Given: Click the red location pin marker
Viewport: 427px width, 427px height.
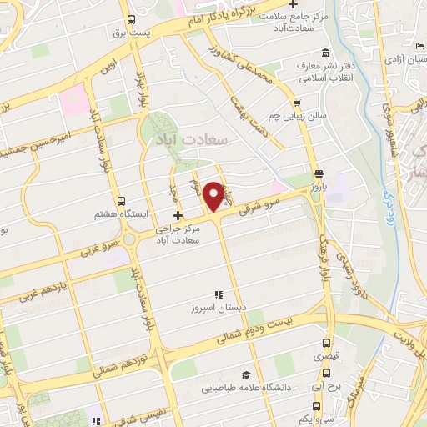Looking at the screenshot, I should tap(214, 195).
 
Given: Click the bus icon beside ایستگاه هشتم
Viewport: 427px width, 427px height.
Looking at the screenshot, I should tap(122, 202).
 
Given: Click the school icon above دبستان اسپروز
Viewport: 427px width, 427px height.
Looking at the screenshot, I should tap(219, 294).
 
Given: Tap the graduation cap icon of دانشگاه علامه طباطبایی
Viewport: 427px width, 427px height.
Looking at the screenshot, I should tap(246, 375).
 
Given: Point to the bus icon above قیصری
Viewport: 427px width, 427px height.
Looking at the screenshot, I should tap(325, 342).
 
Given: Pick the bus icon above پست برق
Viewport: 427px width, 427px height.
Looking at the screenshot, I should tap(129, 21).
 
